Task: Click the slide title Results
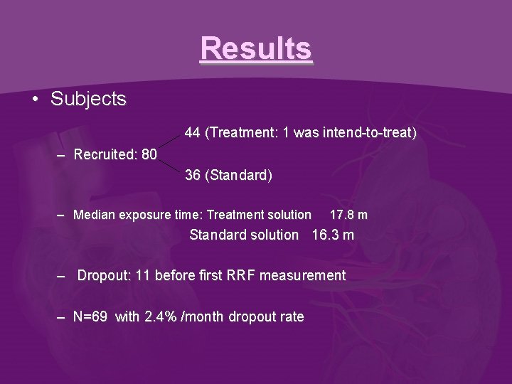pos(256,49)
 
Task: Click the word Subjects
pos(88,99)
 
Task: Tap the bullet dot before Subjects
pos(36,100)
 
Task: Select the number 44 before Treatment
pos(193,133)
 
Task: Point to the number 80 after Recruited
pos(149,154)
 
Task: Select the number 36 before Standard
pos(193,175)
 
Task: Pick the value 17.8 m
pos(348,215)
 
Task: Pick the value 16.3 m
pos(333,235)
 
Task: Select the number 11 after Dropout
pos(142,275)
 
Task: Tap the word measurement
pos(303,275)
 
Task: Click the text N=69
pos(92,317)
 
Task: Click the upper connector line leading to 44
pos(171,141)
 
